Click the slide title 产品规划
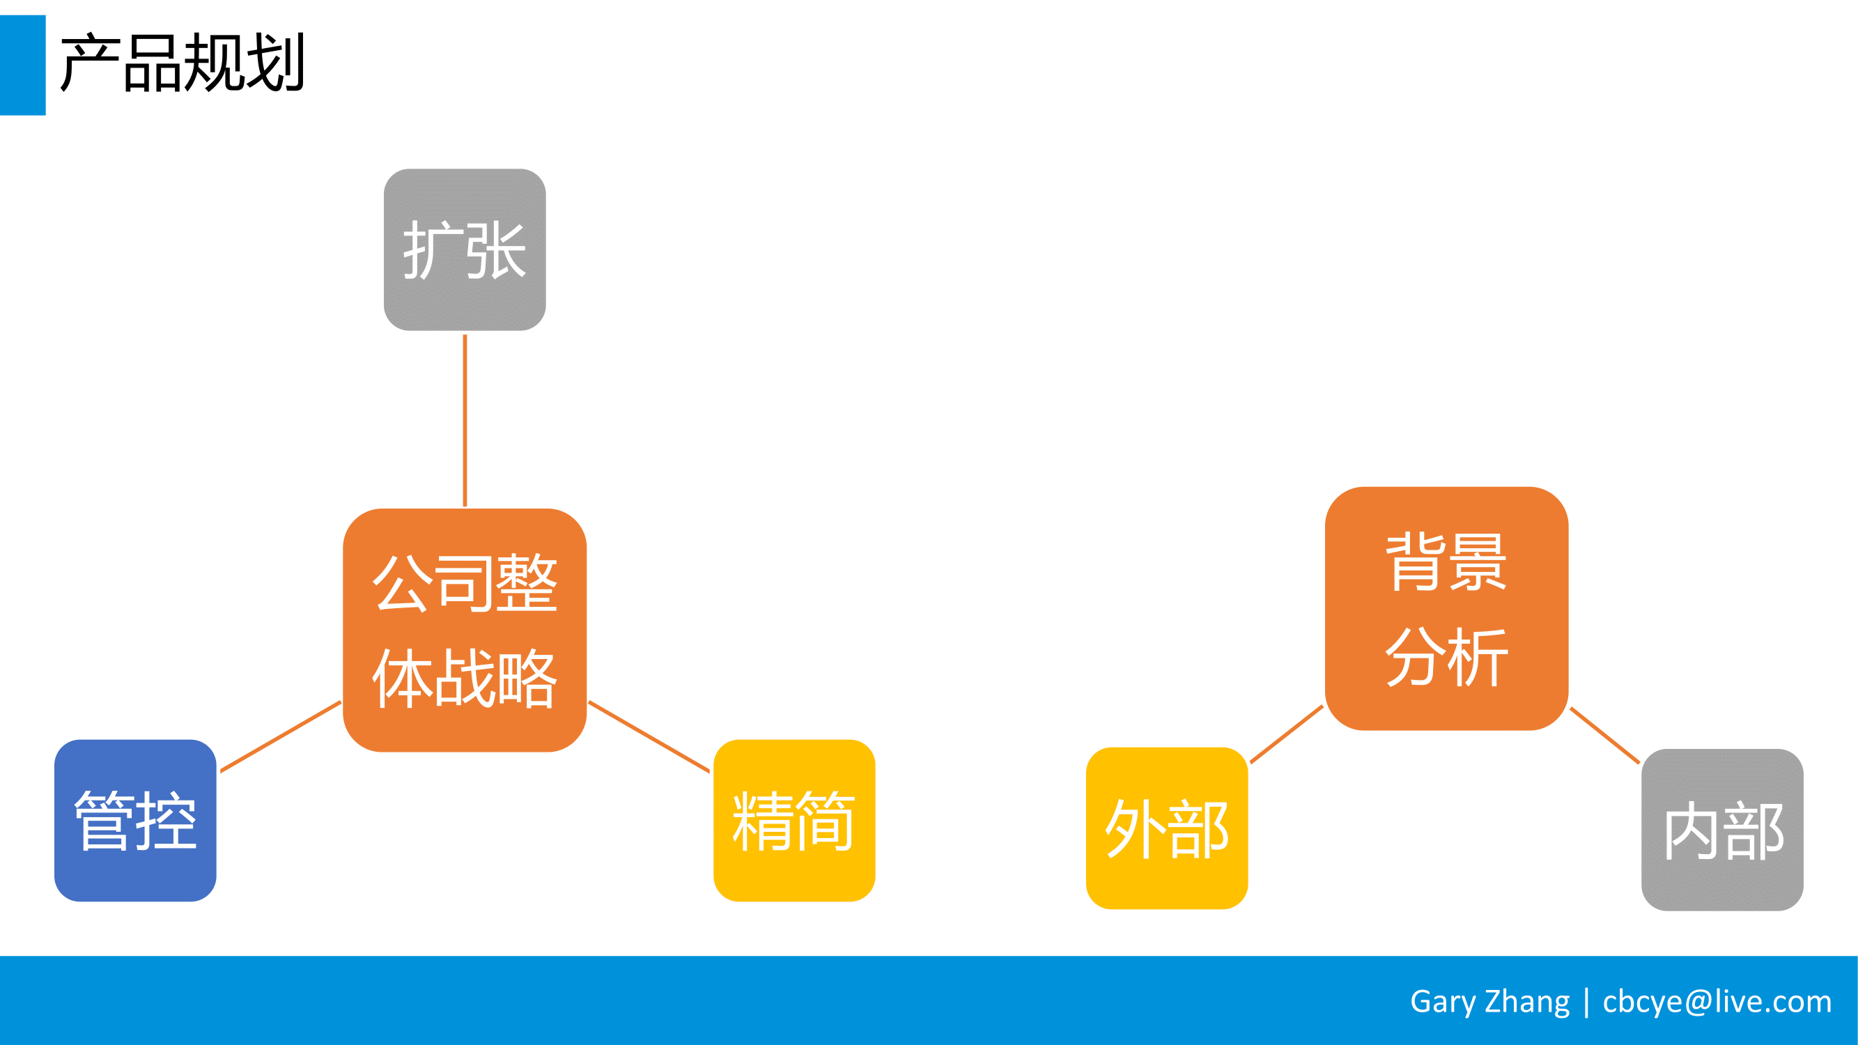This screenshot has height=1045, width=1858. pyautogui.click(x=183, y=63)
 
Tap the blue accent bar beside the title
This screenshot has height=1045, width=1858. pyautogui.click(x=22, y=65)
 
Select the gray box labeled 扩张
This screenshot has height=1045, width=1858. pyautogui.click(x=465, y=249)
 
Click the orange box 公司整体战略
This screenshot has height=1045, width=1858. pyautogui.click(x=465, y=630)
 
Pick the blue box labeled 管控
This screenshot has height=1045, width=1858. pyautogui.click(x=135, y=820)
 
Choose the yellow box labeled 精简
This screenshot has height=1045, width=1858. pyautogui.click(x=794, y=820)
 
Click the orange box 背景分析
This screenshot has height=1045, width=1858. pyautogui.click(x=1446, y=609)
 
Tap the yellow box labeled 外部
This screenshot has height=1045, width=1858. pyautogui.click(x=1166, y=828)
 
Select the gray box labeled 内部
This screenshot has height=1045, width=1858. pyautogui.click(x=1721, y=829)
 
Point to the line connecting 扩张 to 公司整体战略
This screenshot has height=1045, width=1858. pyautogui.click(x=465, y=421)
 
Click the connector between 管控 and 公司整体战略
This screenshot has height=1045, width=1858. pyautogui.click(x=281, y=736)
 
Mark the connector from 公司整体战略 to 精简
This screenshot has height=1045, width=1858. pyautogui.click(x=649, y=736)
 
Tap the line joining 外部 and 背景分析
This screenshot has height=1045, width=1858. pyautogui.click(x=1287, y=734)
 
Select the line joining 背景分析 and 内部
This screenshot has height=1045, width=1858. pyautogui.click(x=1605, y=735)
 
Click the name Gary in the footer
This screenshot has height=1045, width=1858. pyautogui.click(x=1443, y=1002)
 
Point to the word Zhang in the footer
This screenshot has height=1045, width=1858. pyautogui.click(x=1527, y=1002)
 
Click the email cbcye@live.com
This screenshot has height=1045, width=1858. pyautogui.click(x=1717, y=1002)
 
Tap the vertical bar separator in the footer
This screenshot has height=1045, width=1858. pyautogui.click(x=1586, y=1003)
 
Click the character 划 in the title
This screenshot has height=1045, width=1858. pyautogui.click(x=275, y=63)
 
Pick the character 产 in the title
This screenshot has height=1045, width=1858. pyautogui.click(x=89, y=63)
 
